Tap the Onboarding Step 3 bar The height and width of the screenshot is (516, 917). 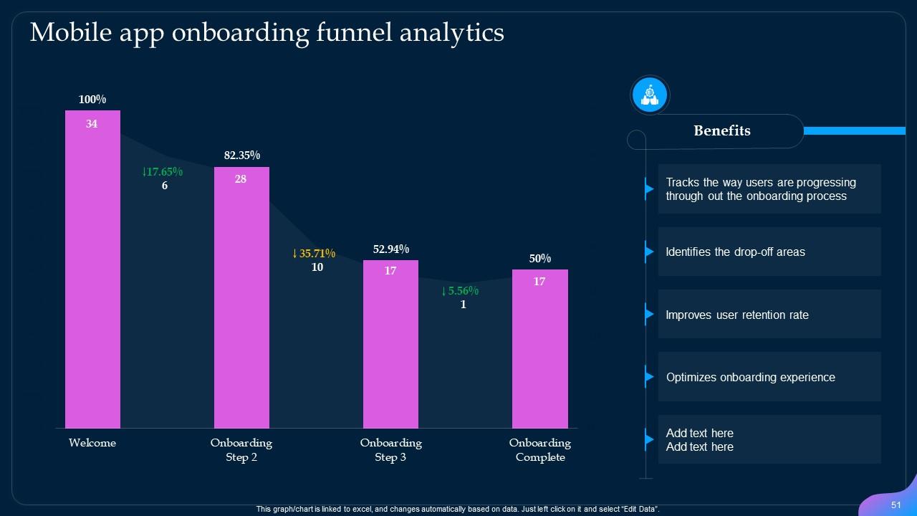390,344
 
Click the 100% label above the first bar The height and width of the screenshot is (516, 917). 92,100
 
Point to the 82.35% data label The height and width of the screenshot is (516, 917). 241,156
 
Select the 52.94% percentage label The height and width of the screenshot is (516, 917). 390,249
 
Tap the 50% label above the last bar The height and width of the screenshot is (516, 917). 539,259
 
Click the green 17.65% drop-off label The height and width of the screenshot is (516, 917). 163,172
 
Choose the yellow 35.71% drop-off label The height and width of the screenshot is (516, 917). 314,254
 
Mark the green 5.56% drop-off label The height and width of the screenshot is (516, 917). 460,291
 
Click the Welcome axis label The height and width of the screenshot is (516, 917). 92,443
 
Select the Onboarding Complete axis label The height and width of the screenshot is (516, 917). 539,450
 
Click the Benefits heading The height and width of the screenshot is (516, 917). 722,131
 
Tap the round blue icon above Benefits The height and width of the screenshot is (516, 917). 650,95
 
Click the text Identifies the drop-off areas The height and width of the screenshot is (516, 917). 735,252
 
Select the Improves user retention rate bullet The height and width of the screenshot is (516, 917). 737,315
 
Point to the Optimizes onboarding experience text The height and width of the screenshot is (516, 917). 750,378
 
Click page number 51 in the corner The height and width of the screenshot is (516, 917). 896,505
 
